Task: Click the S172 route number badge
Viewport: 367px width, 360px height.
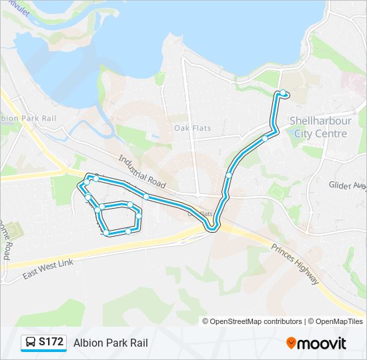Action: (51, 343)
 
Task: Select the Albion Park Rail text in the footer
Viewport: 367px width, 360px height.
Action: (110, 343)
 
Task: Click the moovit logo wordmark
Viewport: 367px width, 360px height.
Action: (322, 343)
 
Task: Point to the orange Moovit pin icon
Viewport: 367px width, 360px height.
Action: (292, 343)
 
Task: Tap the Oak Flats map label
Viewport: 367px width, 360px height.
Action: (192, 127)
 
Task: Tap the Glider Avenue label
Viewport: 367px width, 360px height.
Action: (347, 185)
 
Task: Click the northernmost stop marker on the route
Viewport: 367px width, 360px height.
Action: (283, 93)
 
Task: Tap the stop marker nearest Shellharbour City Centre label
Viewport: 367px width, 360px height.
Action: (265, 139)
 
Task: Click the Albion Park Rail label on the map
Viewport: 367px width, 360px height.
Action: (28, 118)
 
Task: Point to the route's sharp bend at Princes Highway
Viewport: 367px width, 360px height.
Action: (212, 229)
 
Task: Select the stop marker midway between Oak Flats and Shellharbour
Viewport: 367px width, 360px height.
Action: (229, 175)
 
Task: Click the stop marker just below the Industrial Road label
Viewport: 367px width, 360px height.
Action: (145, 197)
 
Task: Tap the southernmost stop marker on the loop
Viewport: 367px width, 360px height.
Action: (127, 231)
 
